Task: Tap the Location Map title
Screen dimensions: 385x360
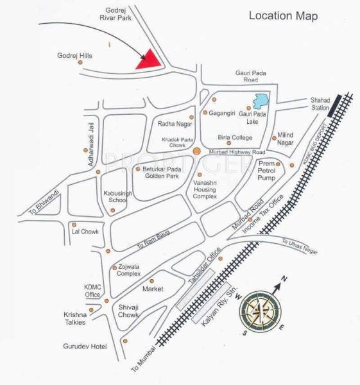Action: [283, 15]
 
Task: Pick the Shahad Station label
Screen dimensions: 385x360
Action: [320, 104]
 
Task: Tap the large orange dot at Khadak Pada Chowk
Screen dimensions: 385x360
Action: [197, 151]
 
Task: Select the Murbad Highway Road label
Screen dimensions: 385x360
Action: [237, 153]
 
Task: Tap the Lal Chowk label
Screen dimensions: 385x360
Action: [85, 232]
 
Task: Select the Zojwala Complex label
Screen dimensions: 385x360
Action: [129, 270]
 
